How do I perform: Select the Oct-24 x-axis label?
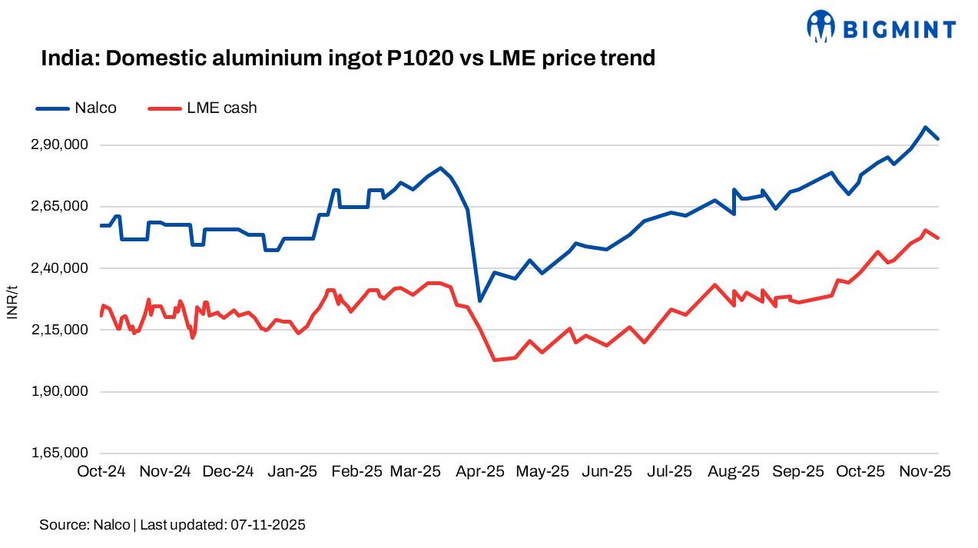pos(101,471)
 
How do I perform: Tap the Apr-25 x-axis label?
pos(481,471)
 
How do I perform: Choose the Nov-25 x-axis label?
pos(926,471)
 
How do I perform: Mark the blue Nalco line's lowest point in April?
pos(479,301)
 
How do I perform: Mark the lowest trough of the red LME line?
pos(494,360)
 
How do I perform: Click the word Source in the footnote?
pos(62,525)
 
